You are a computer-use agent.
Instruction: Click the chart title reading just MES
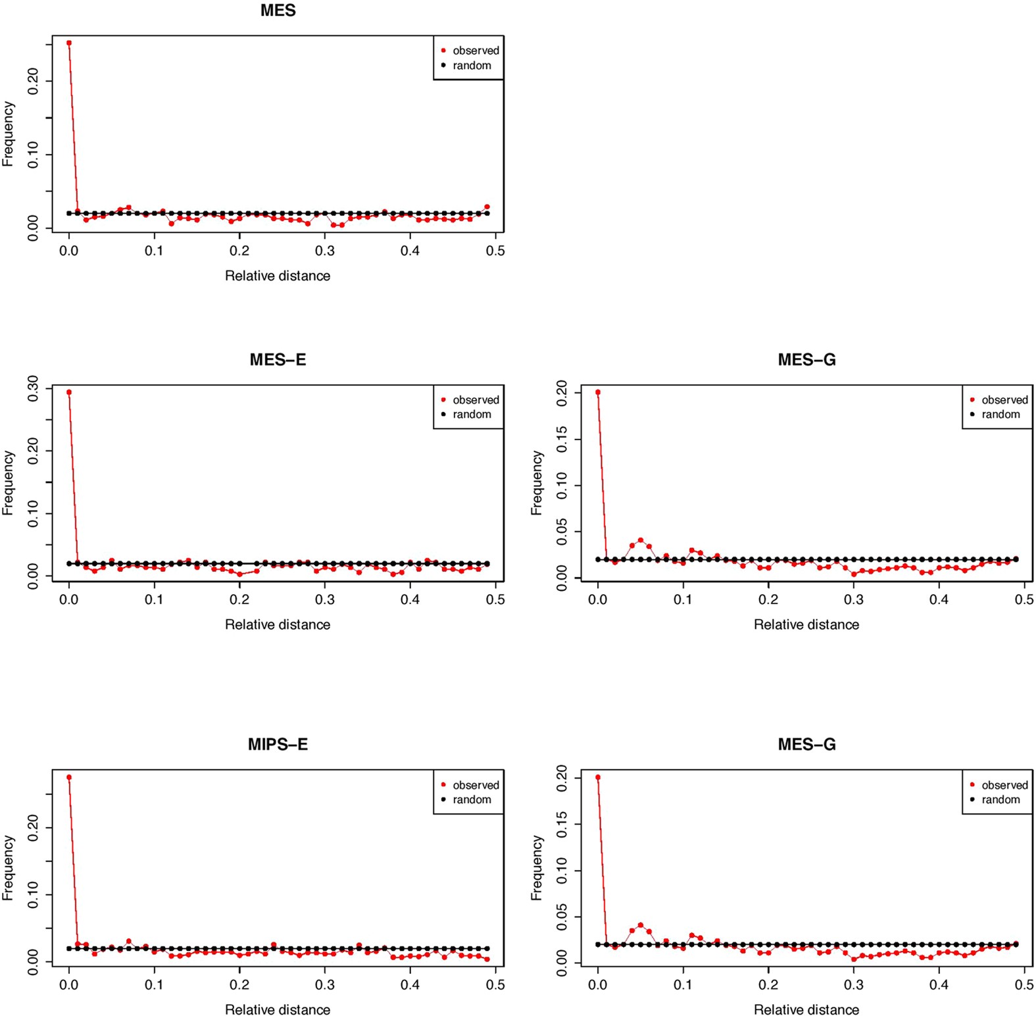[x=278, y=11]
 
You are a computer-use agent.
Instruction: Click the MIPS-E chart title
[x=278, y=744]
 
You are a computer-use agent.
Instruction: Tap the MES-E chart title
[x=278, y=359]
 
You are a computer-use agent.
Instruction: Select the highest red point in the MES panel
[x=69, y=43]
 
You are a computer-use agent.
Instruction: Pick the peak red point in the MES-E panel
[x=69, y=392]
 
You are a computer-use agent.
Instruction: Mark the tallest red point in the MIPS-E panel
[x=69, y=778]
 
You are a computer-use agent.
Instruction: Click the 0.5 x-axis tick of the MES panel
[x=495, y=251]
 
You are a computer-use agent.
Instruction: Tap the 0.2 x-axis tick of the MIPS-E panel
[x=239, y=984]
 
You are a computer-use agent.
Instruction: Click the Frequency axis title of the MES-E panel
[x=8, y=482]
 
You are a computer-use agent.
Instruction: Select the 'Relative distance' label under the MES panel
[x=278, y=276]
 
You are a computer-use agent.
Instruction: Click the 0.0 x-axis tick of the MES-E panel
[x=69, y=599]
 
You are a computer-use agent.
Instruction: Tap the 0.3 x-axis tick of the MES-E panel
[x=325, y=599]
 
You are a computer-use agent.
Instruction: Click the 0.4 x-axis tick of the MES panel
[x=410, y=251]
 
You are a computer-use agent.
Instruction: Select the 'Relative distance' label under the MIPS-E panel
[x=278, y=1009]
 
